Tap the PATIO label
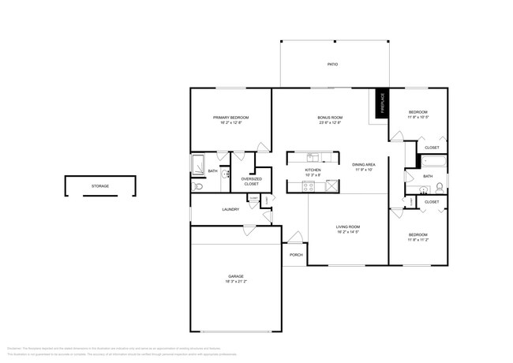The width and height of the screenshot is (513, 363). (x=333, y=63)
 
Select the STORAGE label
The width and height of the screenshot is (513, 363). (x=100, y=186)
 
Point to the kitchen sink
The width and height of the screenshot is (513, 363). (x=313, y=156)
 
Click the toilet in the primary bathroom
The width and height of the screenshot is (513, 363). (x=197, y=187)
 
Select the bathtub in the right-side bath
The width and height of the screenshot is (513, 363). (x=433, y=163)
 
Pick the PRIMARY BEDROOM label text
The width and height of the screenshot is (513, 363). (x=230, y=118)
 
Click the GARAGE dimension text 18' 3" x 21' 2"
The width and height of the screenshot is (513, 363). (x=236, y=281)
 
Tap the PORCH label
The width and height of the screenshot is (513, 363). (x=296, y=255)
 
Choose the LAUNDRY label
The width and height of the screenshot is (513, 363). (x=230, y=209)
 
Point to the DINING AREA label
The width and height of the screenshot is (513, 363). (x=364, y=164)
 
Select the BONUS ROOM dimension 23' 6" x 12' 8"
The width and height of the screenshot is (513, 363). (x=330, y=123)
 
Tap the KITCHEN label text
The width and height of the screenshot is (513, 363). (x=313, y=170)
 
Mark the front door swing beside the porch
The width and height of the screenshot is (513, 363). (x=294, y=237)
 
